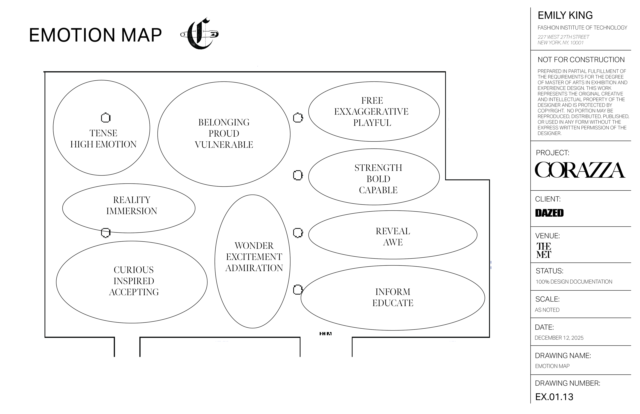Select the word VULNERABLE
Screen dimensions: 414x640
224,145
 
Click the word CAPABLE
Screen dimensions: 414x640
378,190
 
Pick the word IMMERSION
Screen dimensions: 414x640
131,211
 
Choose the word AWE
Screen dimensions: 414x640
393,242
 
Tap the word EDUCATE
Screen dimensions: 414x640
393,303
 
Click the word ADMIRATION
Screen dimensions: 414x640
254,268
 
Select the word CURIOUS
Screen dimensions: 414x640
134,270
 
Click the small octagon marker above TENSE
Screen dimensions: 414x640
106,118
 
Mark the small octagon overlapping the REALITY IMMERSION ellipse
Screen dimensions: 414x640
106,232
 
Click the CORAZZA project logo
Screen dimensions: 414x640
580,170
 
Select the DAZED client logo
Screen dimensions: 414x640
549,213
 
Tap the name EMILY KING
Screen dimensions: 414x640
565,15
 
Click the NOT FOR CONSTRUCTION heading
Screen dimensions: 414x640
581,60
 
